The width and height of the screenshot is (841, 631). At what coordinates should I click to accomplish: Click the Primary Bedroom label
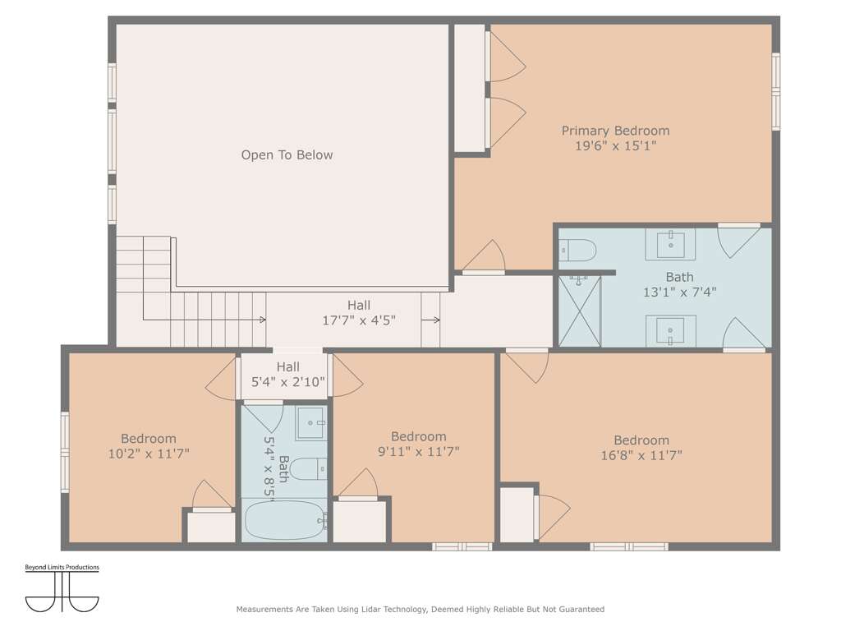tap(615, 131)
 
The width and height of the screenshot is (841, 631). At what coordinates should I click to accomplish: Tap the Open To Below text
tap(287, 155)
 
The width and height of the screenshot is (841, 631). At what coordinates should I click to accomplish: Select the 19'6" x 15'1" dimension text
tap(615, 146)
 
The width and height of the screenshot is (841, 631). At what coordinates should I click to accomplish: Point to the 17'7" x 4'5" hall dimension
tap(359, 321)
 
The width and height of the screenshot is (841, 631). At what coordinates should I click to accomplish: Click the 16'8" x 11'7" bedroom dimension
tap(641, 455)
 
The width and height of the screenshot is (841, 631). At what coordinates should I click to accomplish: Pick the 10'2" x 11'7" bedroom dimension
tap(149, 454)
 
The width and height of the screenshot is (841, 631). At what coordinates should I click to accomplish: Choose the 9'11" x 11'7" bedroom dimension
tap(418, 452)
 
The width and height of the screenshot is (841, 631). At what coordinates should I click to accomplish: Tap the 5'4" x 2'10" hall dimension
tap(288, 382)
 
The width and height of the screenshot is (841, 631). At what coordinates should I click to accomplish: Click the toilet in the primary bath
tap(577, 251)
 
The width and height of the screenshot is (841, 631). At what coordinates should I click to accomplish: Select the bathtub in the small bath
tap(285, 520)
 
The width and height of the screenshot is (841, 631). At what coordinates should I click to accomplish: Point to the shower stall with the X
tap(580, 311)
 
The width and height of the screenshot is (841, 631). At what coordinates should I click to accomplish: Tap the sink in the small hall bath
tap(311, 423)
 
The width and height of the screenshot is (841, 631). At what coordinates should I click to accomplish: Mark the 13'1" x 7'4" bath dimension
tap(679, 292)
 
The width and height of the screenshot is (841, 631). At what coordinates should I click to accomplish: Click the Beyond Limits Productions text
tap(62, 567)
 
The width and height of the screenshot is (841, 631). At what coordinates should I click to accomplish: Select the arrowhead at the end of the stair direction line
tap(263, 320)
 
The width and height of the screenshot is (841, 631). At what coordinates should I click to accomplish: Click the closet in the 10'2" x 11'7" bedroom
tap(211, 527)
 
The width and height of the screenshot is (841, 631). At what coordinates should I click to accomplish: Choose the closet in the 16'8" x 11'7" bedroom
tap(517, 514)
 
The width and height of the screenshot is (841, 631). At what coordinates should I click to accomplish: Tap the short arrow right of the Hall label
tap(430, 320)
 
